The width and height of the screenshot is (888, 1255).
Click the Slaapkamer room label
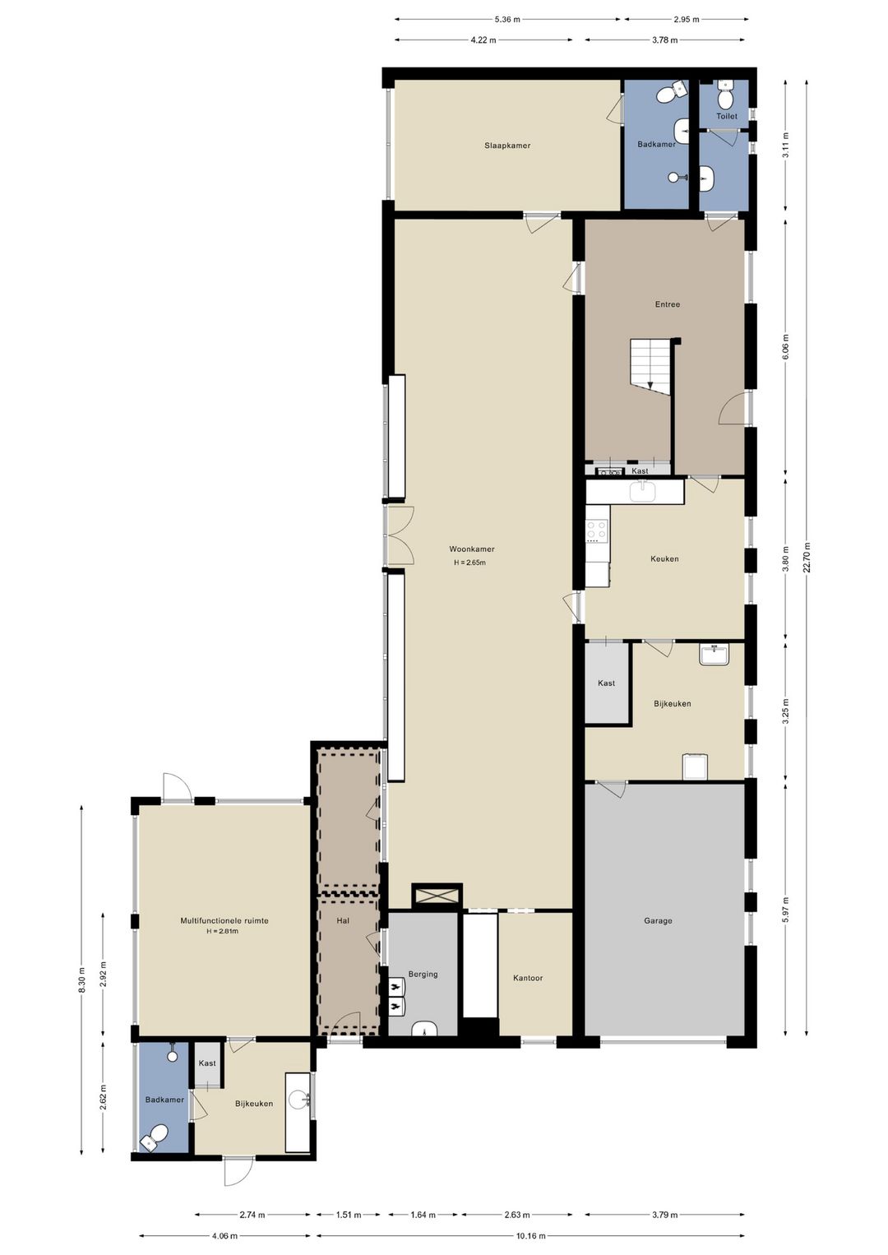coord(506,146)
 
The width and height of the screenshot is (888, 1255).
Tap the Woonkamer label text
coord(471,549)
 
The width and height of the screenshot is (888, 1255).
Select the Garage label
coord(658,921)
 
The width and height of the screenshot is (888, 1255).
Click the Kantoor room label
coord(528,978)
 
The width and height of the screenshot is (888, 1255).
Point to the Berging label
coord(423,974)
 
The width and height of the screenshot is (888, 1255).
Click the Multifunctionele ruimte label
coord(224,921)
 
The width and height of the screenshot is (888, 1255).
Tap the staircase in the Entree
coord(650,364)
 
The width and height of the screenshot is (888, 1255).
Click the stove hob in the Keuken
coord(597,530)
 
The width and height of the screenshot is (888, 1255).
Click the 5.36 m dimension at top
coord(506,19)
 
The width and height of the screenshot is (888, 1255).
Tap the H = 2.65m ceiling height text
coord(469,563)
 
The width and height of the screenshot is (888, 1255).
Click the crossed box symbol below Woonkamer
coord(437,896)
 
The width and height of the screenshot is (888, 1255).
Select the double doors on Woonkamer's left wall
coord(400,535)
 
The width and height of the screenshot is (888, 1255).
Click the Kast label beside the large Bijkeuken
coord(606,683)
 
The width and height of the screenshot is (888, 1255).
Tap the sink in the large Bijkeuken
coord(714,655)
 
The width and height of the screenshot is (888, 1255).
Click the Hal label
coord(343,921)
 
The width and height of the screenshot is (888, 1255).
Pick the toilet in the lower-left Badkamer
coord(156,1138)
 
